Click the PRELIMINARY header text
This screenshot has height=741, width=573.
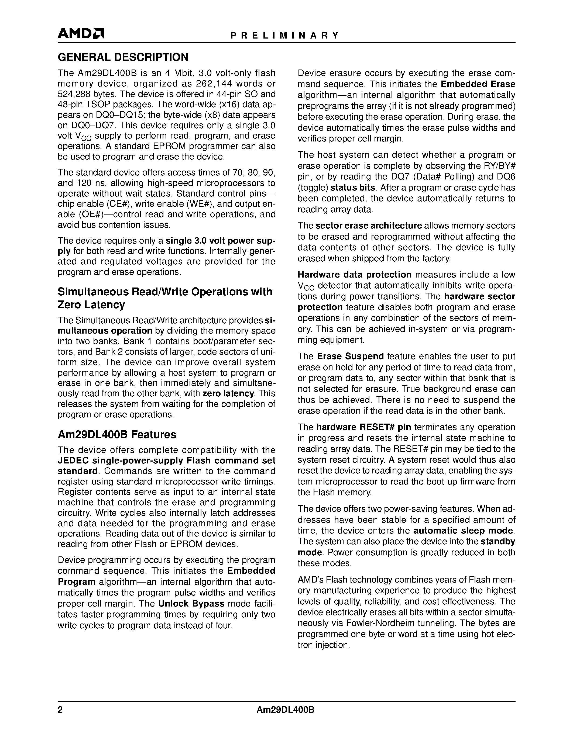pyautogui.click(x=284, y=36)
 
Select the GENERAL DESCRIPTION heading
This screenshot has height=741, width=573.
pyautogui.click(x=123, y=57)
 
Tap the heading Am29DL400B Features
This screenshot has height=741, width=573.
pyautogui.click(x=117, y=435)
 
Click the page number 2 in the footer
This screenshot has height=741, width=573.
pyautogui.click(x=60, y=710)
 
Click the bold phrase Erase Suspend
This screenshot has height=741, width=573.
pyautogui.click(x=350, y=356)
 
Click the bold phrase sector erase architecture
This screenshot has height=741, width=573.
pyautogui.click(x=368, y=226)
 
